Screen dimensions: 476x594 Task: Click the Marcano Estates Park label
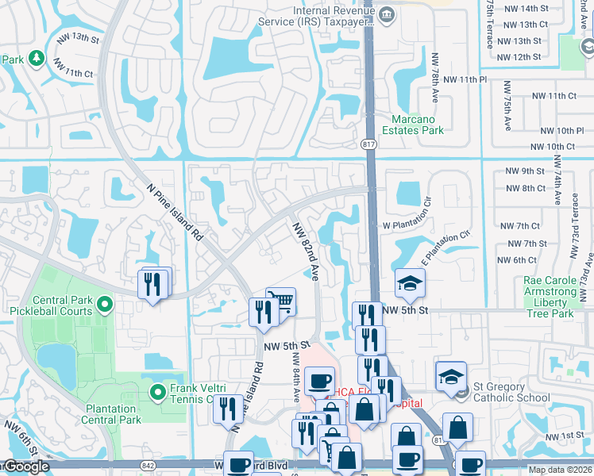coord(412,125)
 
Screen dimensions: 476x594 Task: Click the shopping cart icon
coord(281,302)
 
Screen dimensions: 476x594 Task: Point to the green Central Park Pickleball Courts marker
coord(104,304)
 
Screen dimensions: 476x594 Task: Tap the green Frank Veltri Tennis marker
coord(158,391)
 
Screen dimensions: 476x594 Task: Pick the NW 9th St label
coord(525,171)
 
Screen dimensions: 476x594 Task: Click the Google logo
coord(25,466)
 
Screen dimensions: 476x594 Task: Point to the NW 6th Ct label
coord(517,260)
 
